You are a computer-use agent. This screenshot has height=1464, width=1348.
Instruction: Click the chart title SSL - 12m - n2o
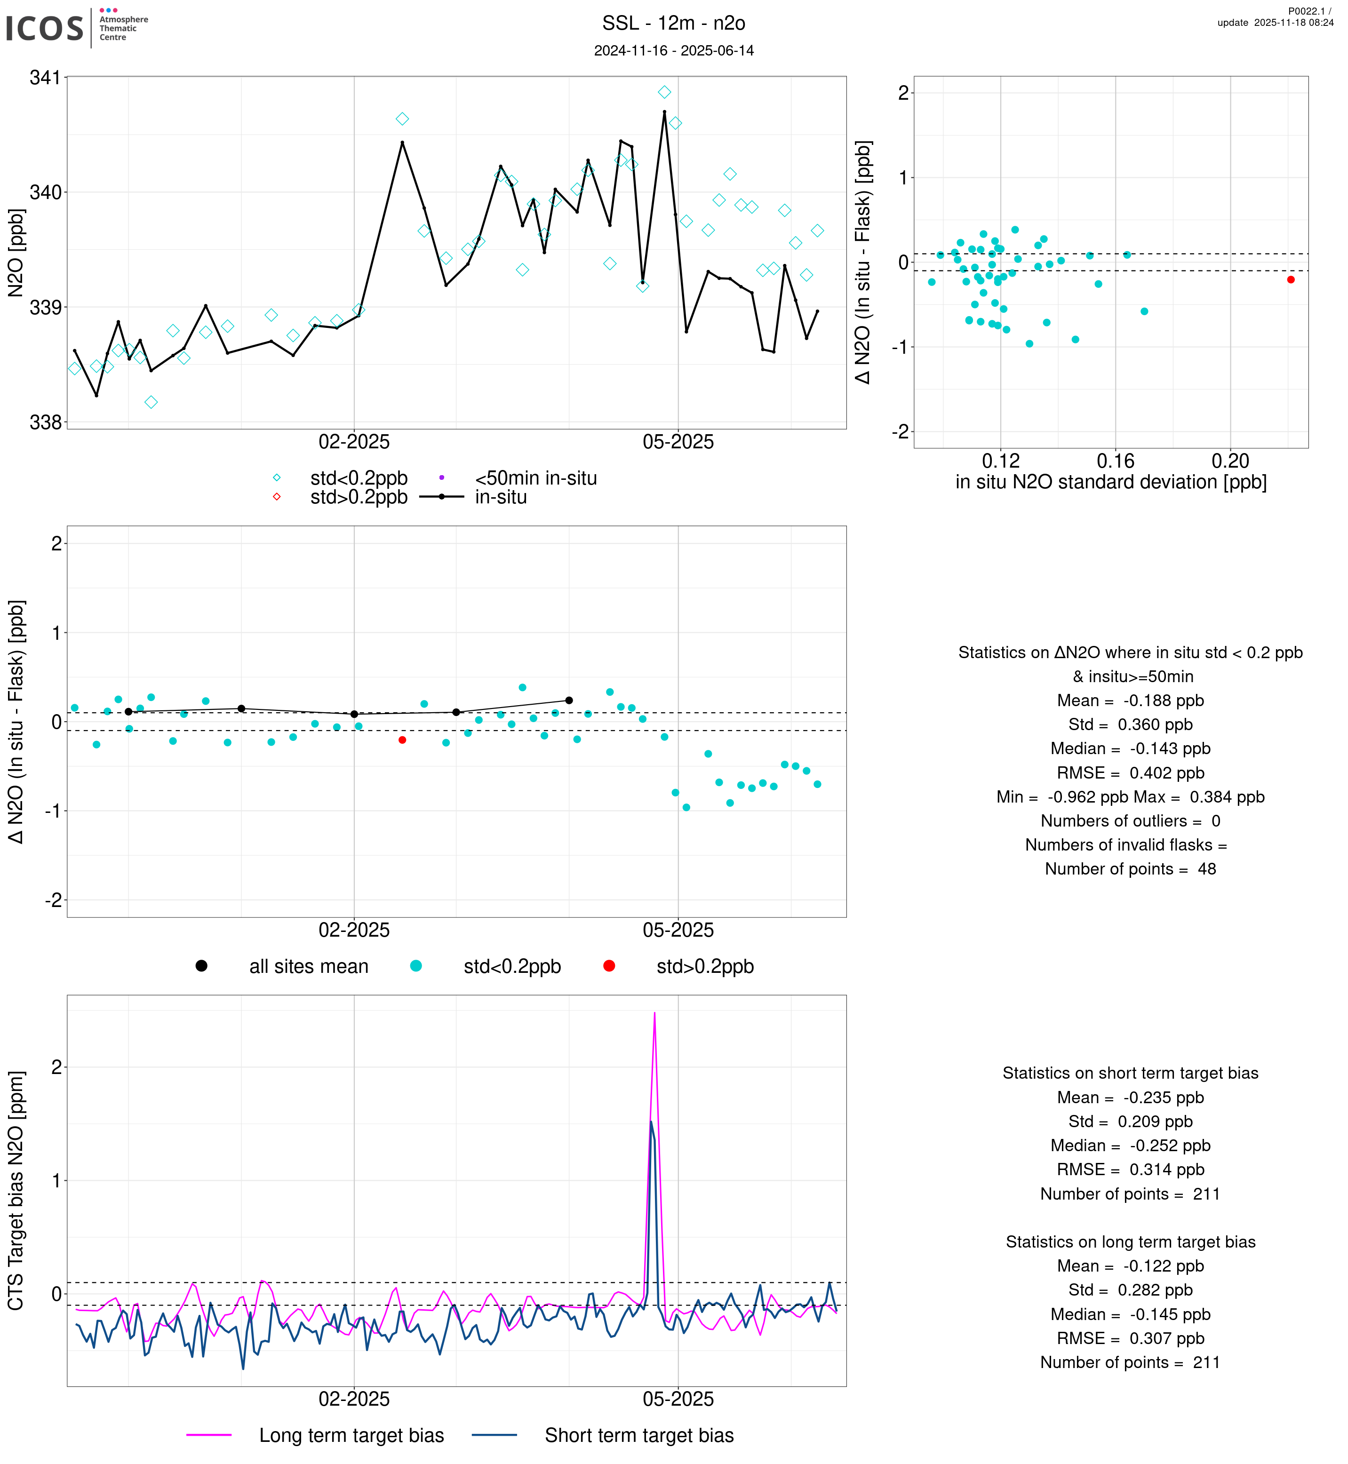(x=673, y=24)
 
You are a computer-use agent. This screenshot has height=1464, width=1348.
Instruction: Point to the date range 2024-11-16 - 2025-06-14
(x=673, y=50)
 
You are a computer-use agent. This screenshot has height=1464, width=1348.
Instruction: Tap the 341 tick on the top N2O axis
(x=45, y=77)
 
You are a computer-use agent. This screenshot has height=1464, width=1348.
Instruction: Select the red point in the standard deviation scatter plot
(x=1291, y=279)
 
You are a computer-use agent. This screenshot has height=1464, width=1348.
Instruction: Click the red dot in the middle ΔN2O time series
(x=402, y=740)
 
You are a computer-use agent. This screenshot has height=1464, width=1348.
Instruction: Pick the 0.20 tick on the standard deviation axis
(x=1230, y=461)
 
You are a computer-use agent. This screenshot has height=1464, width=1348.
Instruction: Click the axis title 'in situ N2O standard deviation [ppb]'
(x=1110, y=482)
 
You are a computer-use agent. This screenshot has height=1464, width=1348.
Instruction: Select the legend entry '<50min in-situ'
(x=535, y=478)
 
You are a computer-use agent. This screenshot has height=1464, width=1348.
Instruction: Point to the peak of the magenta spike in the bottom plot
(x=654, y=1013)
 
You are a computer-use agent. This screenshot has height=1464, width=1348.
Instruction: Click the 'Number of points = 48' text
(x=1130, y=869)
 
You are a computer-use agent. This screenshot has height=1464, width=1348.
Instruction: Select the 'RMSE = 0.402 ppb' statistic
(x=1130, y=772)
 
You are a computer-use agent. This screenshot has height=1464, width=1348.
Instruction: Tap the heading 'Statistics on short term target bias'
(x=1130, y=1073)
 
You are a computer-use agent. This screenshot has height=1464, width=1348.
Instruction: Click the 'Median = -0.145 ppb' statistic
(x=1130, y=1314)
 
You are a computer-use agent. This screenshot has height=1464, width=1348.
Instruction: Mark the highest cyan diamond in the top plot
(x=664, y=92)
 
